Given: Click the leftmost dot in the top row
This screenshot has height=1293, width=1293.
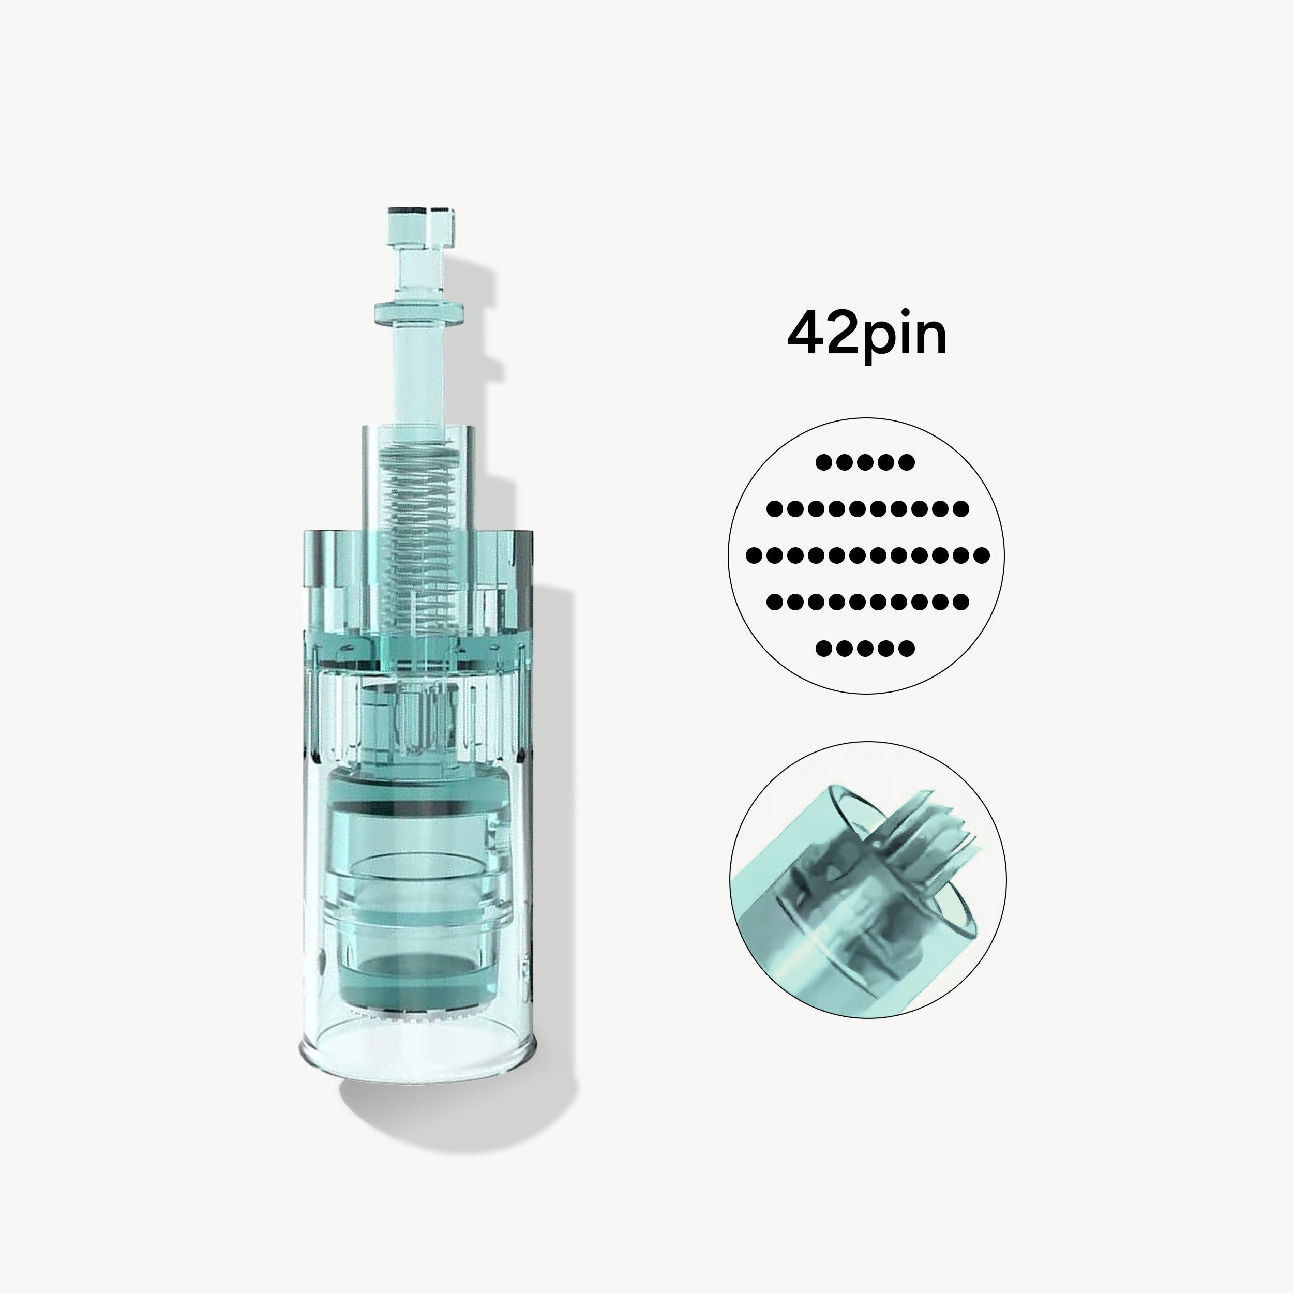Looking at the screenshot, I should pos(823,462).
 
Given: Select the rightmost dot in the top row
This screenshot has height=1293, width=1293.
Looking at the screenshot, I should pos(907,462).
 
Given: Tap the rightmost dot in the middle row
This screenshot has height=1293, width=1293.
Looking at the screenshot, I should pos(982,555).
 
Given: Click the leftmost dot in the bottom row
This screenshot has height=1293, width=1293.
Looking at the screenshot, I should pos(823,648).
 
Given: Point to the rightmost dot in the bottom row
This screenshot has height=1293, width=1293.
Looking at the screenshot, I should pos(907,648).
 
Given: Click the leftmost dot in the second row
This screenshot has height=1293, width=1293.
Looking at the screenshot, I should pos(774,508).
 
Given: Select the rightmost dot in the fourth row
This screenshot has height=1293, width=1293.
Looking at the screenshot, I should pos(961,602).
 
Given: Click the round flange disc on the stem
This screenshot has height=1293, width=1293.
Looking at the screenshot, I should pos(419,312).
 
